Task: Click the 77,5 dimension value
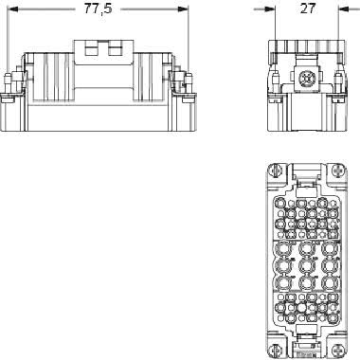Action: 98,9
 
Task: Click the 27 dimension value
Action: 307,9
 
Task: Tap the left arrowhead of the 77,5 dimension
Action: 12,9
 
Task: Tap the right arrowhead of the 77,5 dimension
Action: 183,9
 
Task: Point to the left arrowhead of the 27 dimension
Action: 270,9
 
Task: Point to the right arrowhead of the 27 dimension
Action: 344,9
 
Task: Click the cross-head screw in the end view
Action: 306,78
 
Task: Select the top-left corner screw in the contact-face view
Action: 275,171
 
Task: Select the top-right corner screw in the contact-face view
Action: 337,171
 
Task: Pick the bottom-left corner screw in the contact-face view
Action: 275,350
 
